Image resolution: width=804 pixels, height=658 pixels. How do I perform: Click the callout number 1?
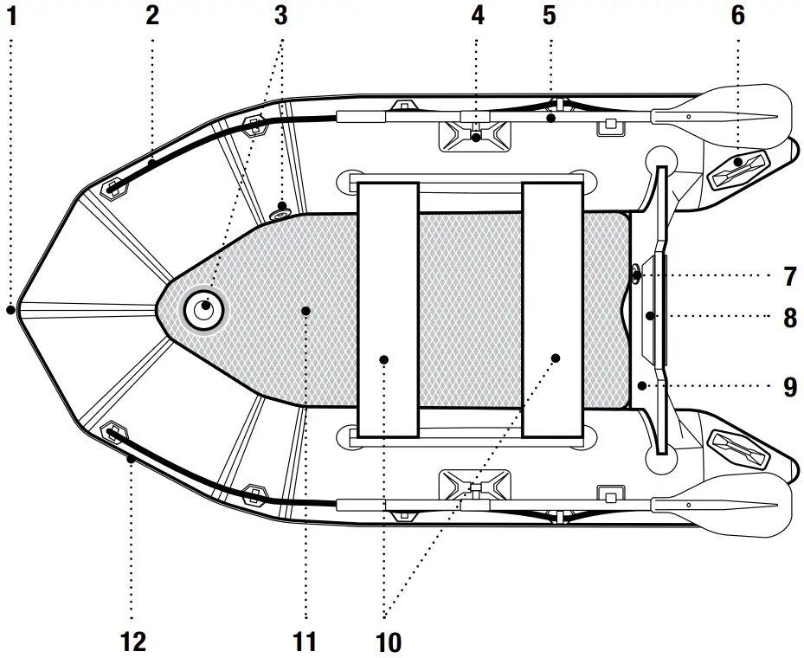point(10,16)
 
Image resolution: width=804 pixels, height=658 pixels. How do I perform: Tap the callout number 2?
point(152,16)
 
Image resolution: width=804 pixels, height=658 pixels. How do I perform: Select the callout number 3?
point(280,16)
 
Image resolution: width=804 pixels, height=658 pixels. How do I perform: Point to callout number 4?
point(478,16)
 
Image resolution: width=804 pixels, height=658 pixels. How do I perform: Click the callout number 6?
point(737,16)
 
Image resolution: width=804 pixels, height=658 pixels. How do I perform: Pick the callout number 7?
point(789,277)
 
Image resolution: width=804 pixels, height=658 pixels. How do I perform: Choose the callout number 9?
point(789,386)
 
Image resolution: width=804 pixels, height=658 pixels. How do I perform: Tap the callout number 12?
point(133,642)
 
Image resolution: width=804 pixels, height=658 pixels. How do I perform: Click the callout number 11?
point(305,642)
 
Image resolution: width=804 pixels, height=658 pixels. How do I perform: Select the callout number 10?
point(389,642)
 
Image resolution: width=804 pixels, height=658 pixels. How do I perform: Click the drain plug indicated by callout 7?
point(636,276)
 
